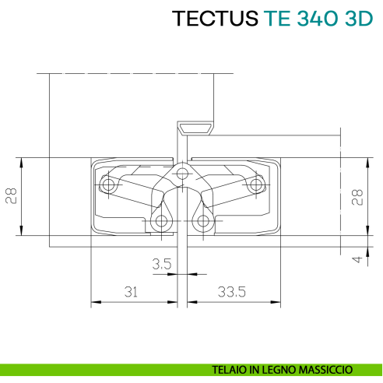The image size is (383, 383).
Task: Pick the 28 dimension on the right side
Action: coord(357,195)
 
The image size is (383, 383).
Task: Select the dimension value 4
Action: coord(357,260)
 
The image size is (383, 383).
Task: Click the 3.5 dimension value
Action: coord(161,265)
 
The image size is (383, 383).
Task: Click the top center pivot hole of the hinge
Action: coord(182,173)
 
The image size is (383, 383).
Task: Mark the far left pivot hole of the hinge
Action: coord(109,185)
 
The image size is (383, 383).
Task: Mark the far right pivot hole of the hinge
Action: coord(255,185)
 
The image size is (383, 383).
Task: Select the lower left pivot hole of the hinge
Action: coord(162,221)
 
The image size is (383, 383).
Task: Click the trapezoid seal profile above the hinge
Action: coord(195,128)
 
